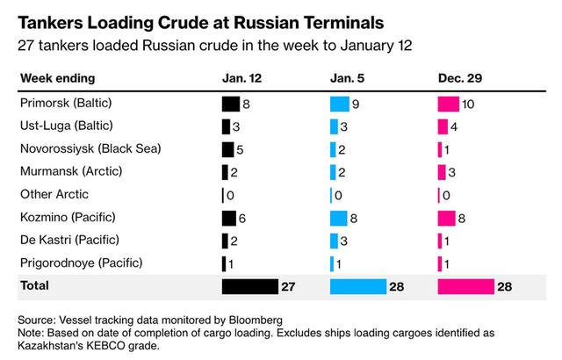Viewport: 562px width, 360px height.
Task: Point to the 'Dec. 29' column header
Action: (461, 79)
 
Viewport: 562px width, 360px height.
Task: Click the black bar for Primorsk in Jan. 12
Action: (231, 104)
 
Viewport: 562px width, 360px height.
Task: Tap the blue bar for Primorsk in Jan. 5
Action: (340, 104)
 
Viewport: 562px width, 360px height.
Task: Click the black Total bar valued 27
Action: (249, 286)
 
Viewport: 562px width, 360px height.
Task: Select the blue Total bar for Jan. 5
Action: (358, 286)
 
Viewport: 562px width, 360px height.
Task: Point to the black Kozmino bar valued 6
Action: (228, 218)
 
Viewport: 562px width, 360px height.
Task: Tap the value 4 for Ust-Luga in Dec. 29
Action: (454, 126)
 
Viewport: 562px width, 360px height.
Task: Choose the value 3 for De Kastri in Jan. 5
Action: (343, 241)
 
